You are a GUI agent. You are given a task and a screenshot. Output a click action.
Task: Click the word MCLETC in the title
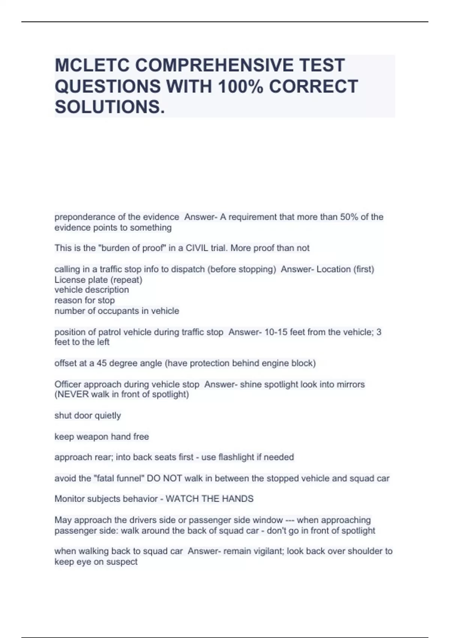coord(91,65)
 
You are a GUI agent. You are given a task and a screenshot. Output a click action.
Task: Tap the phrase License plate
coord(81,280)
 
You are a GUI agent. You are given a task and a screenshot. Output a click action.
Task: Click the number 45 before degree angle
coord(102,363)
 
